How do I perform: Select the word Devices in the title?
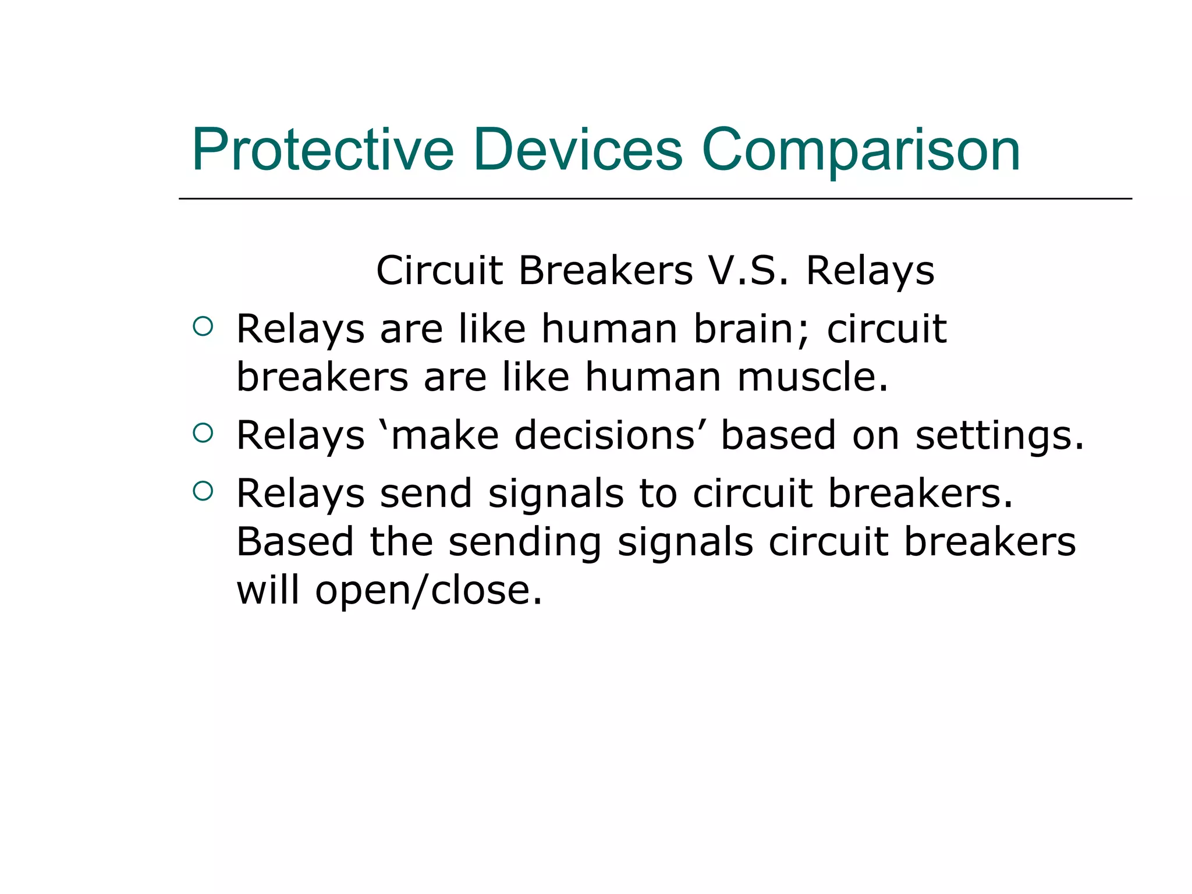[577, 150]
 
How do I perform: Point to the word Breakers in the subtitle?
[605, 271]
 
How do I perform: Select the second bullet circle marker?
[203, 432]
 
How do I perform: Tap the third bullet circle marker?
[203, 491]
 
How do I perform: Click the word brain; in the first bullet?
[751, 329]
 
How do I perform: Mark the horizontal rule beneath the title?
[655, 198]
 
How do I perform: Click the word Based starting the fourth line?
[295, 542]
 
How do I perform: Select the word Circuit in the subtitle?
[439, 271]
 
